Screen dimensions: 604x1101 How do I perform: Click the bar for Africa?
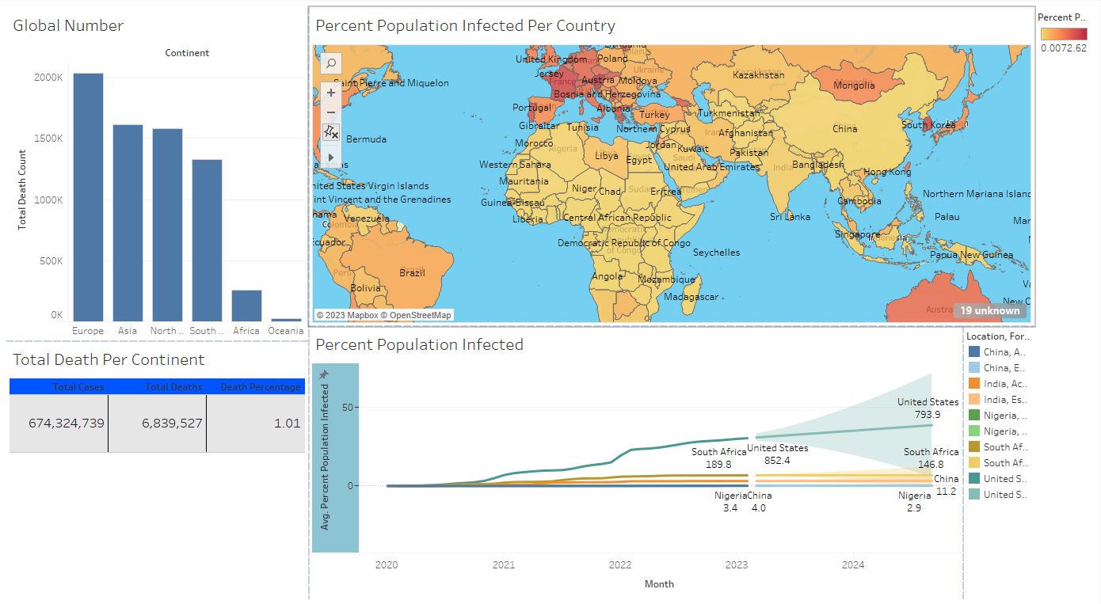[x=246, y=305]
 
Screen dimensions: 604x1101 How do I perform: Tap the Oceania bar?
[x=285, y=319]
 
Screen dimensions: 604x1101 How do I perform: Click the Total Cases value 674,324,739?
[x=67, y=423]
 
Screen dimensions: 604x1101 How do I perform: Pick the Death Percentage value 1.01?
[x=288, y=423]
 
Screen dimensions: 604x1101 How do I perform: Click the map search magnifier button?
[x=331, y=63]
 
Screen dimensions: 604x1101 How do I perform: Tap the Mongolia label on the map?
[x=854, y=85]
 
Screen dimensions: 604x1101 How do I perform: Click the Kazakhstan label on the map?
[x=758, y=75]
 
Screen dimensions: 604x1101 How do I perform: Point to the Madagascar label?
[x=691, y=297]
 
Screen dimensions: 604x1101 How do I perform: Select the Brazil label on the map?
[x=412, y=273]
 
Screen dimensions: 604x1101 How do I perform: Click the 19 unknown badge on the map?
[x=989, y=310]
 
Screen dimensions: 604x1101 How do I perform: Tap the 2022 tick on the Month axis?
[x=620, y=565]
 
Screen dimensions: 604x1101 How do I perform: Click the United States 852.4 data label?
[x=777, y=454]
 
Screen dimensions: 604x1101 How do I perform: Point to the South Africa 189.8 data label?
[x=718, y=458]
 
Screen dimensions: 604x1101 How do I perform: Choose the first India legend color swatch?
[x=973, y=383]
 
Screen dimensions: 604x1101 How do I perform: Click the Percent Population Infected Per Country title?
[x=465, y=25]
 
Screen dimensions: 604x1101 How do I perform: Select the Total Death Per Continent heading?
[x=109, y=359]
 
